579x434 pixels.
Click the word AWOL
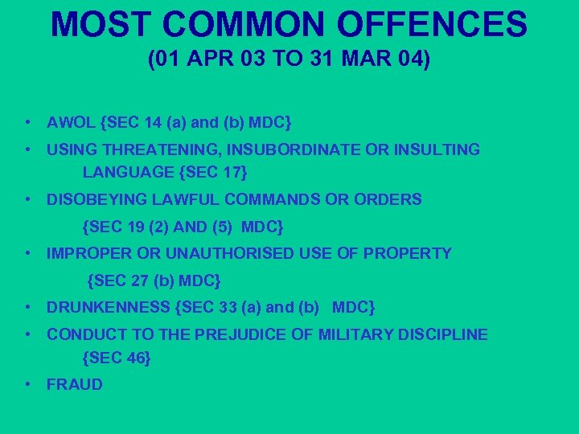[72, 124]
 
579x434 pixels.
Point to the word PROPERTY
[408, 254]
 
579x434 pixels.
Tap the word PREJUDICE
[242, 334]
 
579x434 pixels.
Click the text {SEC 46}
[117, 358]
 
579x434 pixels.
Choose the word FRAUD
[75, 385]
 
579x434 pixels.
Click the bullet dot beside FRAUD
[28, 385]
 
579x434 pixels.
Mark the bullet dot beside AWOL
[28, 124]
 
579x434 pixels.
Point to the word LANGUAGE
[128, 171]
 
